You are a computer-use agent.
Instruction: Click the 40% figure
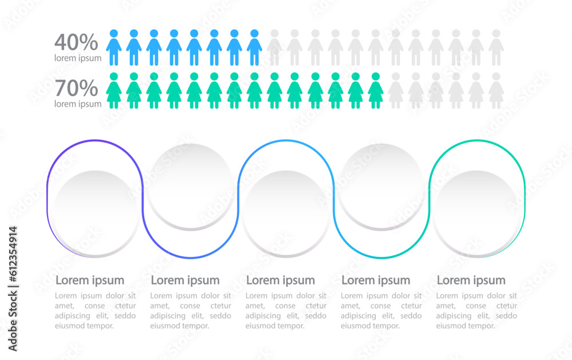click(x=76, y=42)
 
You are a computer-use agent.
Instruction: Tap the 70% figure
click(x=76, y=89)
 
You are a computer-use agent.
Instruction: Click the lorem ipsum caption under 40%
click(x=78, y=58)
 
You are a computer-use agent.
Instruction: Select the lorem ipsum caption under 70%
click(x=78, y=104)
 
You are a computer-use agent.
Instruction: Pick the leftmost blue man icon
click(x=114, y=48)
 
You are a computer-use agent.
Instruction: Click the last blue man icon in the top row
click(x=255, y=48)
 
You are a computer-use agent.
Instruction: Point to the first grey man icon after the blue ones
click(x=275, y=48)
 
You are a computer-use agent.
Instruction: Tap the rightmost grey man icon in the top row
click(x=496, y=48)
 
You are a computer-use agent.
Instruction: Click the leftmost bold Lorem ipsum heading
click(x=90, y=280)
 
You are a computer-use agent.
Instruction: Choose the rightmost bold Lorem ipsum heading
click(x=471, y=280)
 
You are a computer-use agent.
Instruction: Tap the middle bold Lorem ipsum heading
click(x=280, y=280)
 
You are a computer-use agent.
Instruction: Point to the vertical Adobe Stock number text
click(x=13, y=289)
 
